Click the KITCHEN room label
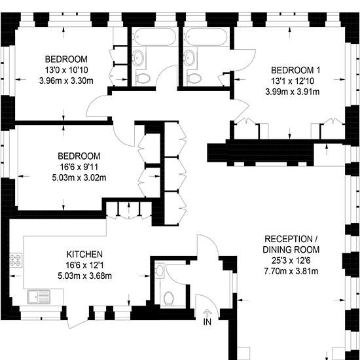84,255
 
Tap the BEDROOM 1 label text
295,70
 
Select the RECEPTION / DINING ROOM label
291,244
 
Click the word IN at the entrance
207,322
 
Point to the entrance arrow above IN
207,313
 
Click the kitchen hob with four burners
16,260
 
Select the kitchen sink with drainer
39,297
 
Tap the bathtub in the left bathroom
155,37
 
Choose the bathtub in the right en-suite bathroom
206,37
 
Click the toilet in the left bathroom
143,79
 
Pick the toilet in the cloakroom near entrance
168,298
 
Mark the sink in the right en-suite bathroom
190,58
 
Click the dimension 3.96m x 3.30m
66,81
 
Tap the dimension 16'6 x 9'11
79,167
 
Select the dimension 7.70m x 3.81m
291,272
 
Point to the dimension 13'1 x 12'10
293,81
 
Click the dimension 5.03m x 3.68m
84,276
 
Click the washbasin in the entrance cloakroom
159,270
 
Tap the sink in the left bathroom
139,58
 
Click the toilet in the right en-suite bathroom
194,79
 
